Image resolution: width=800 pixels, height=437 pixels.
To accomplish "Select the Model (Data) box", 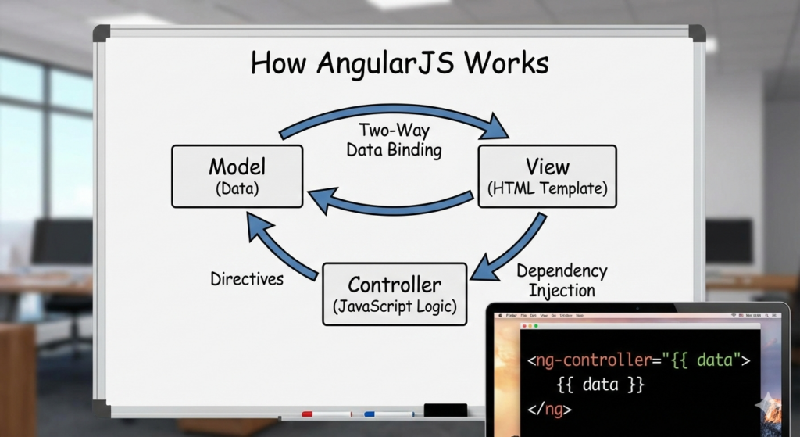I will tap(237, 176).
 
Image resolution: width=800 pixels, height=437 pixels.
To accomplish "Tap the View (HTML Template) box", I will tap(547, 176).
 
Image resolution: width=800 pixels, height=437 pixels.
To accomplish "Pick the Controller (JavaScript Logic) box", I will tap(395, 294).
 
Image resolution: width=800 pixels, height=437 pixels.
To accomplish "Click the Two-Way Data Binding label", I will tap(395, 140).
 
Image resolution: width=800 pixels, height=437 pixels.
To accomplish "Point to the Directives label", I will tap(247, 278).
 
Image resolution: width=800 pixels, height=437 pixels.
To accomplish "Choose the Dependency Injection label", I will tap(561, 280).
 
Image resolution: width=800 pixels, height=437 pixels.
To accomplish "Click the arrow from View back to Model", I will tap(391, 204).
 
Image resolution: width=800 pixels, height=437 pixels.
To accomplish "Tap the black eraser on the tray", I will tap(445, 410).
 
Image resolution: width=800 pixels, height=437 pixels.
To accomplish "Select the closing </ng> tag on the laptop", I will tap(550, 408).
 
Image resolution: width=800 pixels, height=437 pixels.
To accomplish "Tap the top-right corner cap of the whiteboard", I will tap(696, 34).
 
